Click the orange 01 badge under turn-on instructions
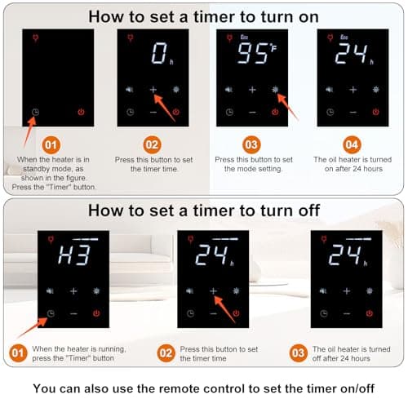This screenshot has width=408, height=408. pos(51,145)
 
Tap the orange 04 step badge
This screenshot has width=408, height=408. pos(352,144)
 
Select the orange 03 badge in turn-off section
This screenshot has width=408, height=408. pos(299,353)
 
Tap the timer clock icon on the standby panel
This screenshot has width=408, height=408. pos(35,112)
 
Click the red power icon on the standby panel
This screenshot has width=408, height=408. pos(81,112)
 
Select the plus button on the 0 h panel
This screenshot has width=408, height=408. pos(153,90)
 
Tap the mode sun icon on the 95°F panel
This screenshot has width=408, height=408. pos(275,90)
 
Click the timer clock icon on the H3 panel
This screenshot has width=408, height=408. pos(51,313)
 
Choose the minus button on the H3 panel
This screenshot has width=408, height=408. pos(73,313)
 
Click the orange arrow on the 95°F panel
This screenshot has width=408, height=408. pos(288,107)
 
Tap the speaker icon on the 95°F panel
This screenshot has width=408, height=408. pos(229,90)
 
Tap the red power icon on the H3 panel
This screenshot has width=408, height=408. pos(96,313)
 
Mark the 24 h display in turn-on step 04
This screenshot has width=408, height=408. pos(354,54)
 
